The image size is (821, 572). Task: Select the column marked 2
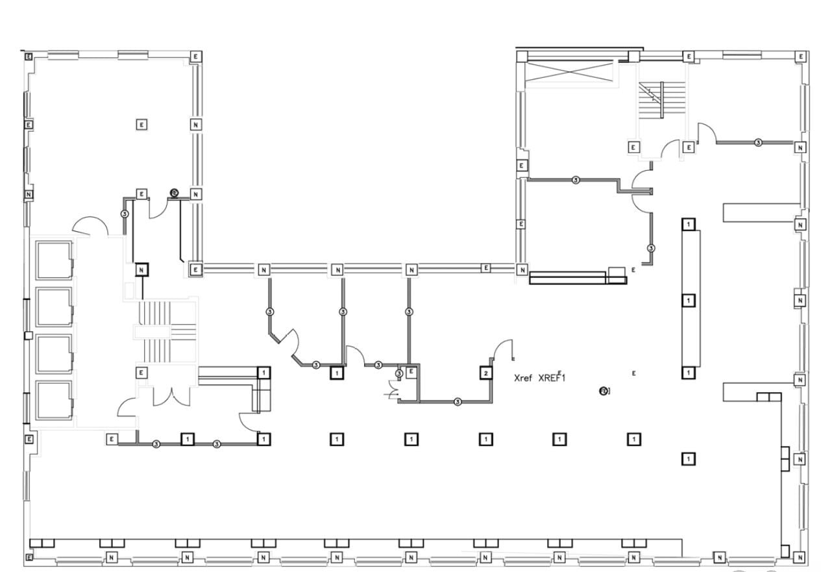tap(485, 373)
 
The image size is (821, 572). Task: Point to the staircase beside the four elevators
tap(164, 332)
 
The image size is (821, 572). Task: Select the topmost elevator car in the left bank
tap(53, 260)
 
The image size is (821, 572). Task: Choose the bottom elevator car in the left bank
tap(53, 401)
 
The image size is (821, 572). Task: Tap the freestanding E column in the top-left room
tap(141, 123)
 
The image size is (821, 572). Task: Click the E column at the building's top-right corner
tap(801, 56)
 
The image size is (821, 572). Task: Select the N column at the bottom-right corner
tap(800, 557)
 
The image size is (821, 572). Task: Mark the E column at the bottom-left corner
tap(29, 557)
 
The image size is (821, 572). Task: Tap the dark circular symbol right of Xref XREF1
tap(604, 390)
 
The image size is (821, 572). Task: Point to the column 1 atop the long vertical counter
tap(689, 224)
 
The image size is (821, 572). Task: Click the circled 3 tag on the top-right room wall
tap(757, 142)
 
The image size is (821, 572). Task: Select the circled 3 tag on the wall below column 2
tap(458, 402)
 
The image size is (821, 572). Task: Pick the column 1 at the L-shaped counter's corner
tap(263, 372)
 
